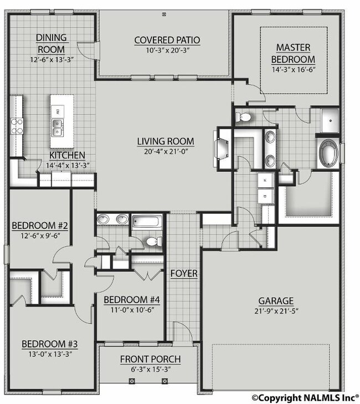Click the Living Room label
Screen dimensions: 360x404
(x=166, y=141)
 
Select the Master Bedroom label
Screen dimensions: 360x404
(x=293, y=53)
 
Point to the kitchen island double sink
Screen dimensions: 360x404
(x=57, y=128)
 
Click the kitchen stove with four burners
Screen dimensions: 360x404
(x=17, y=126)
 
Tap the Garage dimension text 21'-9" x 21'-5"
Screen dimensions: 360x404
(x=276, y=311)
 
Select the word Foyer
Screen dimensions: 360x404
(x=184, y=273)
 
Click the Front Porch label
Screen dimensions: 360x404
(x=151, y=359)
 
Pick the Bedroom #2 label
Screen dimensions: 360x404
(x=40, y=226)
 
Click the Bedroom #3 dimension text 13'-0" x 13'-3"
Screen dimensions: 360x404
(x=50, y=354)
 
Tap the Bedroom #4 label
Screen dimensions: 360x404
(x=132, y=300)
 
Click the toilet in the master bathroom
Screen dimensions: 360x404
(x=243, y=117)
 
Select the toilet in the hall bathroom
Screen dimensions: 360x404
(x=154, y=242)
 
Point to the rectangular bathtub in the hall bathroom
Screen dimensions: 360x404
(x=147, y=221)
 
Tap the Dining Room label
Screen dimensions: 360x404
(x=52, y=43)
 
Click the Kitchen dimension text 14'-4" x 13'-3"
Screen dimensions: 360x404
(x=68, y=165)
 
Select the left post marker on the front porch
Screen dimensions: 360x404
(x=132, y=381)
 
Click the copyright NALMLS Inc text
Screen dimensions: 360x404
(x=305, y=397)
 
